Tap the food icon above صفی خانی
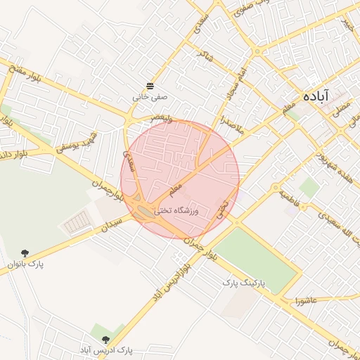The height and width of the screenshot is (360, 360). pos(149,86)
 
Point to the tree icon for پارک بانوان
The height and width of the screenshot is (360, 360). pos(25,253)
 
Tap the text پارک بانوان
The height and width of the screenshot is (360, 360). pos(25,264)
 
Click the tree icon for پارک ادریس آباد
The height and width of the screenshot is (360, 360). pos(105,340)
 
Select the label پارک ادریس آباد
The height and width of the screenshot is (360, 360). pos(105,350)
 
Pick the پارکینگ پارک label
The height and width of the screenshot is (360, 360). pos(243,282)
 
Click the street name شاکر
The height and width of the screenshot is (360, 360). pos(206,53)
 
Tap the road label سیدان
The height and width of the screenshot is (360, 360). pos(112,226)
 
